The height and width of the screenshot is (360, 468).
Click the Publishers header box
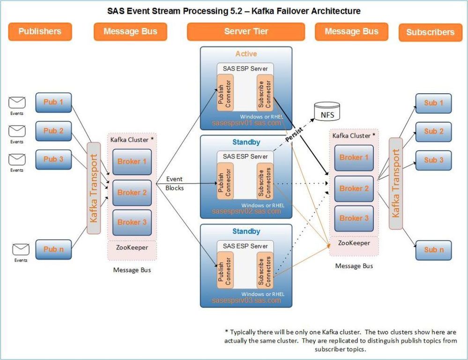40,32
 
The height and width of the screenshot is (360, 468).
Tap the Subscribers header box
430,32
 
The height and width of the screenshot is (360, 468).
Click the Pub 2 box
53,131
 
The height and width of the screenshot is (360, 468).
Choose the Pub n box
53,249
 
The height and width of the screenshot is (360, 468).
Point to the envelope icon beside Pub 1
17,103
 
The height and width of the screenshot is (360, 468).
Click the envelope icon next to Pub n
21,249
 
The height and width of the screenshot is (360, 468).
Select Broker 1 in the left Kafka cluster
132,162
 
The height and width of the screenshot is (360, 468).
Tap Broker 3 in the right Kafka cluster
354,218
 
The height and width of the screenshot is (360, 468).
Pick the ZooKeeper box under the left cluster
132,247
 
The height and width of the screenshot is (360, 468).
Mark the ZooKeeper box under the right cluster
354,243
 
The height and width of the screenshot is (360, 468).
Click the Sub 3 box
433,160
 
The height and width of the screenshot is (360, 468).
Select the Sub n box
433,250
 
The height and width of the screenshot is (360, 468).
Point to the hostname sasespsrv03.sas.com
246,300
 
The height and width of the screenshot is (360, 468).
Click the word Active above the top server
246,54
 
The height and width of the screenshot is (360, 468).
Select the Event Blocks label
174,183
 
